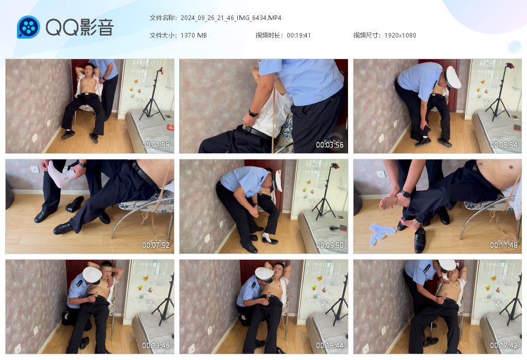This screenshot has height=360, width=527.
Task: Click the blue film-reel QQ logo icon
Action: pos(28,27)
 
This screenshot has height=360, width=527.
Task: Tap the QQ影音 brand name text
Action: pos(80,27)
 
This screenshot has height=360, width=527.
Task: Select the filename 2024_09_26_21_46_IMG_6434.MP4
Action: pos(231,18)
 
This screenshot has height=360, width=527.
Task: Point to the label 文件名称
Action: pos(162,18)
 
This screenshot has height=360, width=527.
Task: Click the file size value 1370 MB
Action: pos(194,35)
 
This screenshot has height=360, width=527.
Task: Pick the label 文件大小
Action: pos(162,35)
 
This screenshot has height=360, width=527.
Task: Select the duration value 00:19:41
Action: pos(299,35)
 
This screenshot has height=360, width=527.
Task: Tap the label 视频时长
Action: pos(268,35)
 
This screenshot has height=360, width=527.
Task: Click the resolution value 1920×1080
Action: pos(400,35)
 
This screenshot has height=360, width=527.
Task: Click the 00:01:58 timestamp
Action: pos(155,145)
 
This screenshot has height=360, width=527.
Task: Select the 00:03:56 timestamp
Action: pos(330,145)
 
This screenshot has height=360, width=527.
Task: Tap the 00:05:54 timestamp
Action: pos(504,145)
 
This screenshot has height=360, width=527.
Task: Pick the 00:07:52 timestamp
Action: pos(155,245)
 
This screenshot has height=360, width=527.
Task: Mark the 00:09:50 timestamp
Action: pos(330,245)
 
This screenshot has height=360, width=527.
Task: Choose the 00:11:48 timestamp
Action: pos(504,245)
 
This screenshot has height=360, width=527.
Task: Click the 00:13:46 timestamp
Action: pos(155,345)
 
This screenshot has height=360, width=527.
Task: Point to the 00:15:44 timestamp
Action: pos(330,345)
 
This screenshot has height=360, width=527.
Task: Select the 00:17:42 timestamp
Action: pos(504,345)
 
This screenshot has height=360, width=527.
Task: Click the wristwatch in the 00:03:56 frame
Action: pos(253,113)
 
